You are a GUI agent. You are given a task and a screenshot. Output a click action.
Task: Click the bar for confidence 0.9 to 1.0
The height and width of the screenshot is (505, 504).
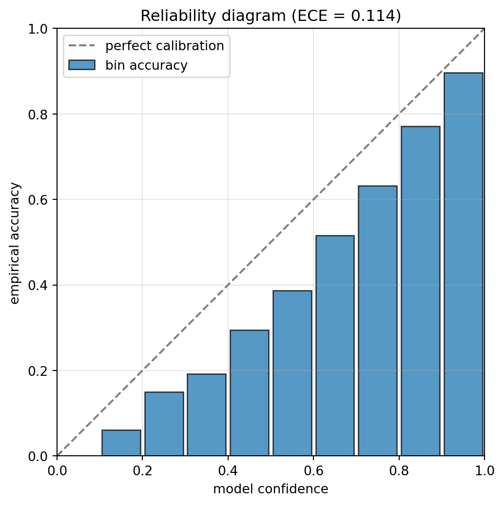pyautogui.click(x=464, y=264)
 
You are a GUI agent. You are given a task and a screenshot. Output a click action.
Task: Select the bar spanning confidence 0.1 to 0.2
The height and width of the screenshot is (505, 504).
pyautogui.click(x=121, y=443)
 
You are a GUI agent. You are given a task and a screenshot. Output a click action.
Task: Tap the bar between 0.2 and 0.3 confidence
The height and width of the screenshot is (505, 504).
pyautogui.click(x=164, y=424)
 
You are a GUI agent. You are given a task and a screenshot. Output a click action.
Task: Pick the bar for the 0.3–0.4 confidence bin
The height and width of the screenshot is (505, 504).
pyautogui.click(x=207, y=415)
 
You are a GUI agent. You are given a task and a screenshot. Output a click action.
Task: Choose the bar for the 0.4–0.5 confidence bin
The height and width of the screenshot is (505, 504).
pyautogui.click(x=250, y=393)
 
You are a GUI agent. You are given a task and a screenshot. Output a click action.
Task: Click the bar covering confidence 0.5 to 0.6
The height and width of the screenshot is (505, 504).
pyautogui.click(x=292, y=373)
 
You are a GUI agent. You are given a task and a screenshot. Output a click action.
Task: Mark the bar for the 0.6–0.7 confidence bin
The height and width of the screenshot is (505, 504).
pyautogui.click(x=335, y=346)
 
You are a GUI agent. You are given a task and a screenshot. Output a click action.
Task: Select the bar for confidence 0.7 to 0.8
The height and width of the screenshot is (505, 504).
pyautogui.click(x=378, y=321)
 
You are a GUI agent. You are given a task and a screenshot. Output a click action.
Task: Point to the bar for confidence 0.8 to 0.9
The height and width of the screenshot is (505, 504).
pyautogui.click(x=421, y=291)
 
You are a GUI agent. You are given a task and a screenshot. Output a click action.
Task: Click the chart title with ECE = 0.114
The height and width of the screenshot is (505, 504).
pyautogui.click(x=271, y=16)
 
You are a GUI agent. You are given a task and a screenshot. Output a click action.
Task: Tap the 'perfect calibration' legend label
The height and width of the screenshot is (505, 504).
pyautogui.click(x=165, y=46)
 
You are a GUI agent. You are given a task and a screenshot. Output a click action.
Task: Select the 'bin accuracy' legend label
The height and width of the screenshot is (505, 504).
pyautogui.click(x=146, y=65)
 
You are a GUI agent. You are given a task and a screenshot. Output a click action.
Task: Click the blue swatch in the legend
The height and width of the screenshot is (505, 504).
pyautogui.click(x=82, y=65)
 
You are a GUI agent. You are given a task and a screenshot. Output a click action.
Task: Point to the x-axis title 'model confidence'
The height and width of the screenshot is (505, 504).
pyautogui.click(x=271, y=489)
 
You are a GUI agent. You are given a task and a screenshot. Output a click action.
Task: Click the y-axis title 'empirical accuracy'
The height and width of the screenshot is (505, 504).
pyautogui.click(x=15, y=243)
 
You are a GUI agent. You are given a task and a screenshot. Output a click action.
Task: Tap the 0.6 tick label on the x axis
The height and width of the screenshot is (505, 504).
pyautogui.click(x=314, y=471)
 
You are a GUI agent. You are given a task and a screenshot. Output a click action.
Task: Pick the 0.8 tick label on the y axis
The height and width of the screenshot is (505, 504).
pyautogui.click(x=38, y=115)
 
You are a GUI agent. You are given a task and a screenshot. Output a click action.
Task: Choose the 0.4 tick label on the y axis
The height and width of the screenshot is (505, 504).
pyautogui.click(x=38, y=285)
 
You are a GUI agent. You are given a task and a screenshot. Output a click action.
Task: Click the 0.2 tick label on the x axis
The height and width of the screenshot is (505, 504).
pyautogui.click(x=143, y=471)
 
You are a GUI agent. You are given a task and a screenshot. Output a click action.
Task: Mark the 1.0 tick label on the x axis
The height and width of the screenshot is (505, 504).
pyautogui.click(x=485, y=471)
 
